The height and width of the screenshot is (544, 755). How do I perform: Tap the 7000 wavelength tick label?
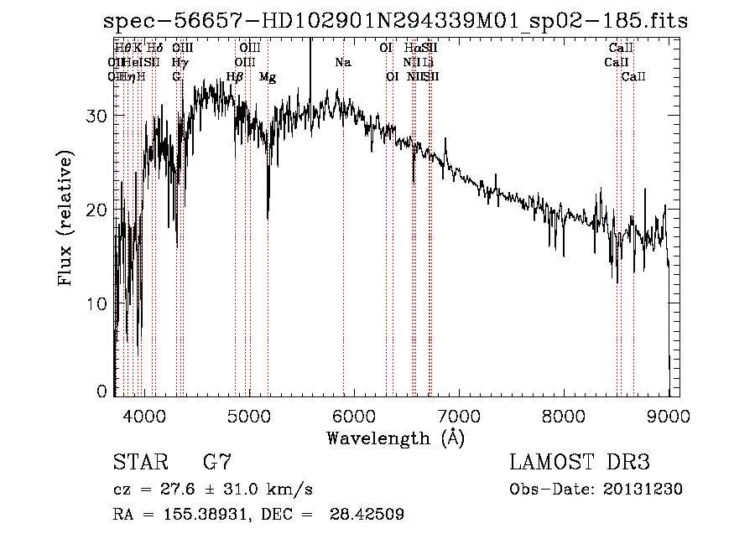459,413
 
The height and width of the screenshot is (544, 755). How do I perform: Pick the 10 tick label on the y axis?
96,303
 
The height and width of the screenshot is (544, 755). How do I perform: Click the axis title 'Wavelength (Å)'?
395,438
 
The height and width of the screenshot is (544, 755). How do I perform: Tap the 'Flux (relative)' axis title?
65,218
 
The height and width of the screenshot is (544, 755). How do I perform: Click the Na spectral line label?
343,63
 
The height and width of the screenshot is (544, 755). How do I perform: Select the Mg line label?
268,77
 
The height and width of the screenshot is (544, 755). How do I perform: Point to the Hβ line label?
235,77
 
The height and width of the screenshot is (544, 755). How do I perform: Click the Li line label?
428,63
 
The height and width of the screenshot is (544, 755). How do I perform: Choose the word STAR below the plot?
138,463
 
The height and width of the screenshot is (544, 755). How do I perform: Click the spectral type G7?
217,463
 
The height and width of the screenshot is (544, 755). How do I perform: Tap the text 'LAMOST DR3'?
580,463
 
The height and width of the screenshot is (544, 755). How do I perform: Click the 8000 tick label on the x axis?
564,413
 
